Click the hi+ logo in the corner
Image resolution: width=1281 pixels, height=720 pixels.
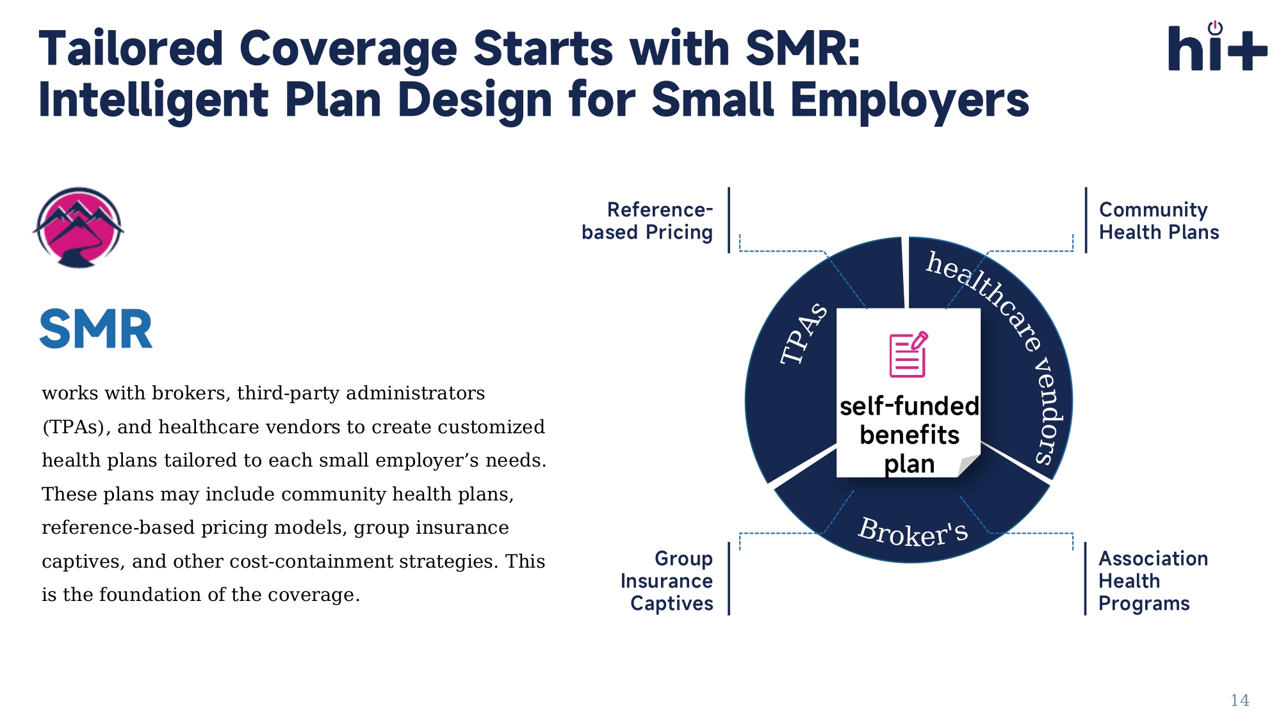pos(1218,46)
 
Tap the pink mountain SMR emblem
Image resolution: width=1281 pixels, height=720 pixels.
pos(78,227)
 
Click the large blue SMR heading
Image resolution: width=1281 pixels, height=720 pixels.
pos(96,330)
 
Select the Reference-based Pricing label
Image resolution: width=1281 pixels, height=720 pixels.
pos(648,221)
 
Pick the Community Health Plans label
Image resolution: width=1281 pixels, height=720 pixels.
pos(1159,221)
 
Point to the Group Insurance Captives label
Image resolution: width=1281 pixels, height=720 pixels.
pos(667,580)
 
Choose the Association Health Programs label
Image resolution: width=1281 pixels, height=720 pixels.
pos(1153,580)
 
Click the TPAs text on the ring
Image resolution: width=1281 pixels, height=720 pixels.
pos(804,334)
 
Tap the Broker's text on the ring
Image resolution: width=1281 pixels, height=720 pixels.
pos(913,532)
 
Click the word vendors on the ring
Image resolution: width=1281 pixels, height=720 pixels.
pos(1049,411)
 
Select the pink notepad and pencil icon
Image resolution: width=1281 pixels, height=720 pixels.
pos(908,354)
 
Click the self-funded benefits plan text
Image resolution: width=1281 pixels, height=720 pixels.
pos(910,435)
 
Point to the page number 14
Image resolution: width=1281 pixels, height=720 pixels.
pos(1239,700)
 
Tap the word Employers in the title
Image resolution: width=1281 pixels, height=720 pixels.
pos(910,101)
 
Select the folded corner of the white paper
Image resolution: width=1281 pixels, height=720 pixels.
pos(969,465)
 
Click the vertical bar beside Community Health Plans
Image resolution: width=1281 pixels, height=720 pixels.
pos(1086,220)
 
